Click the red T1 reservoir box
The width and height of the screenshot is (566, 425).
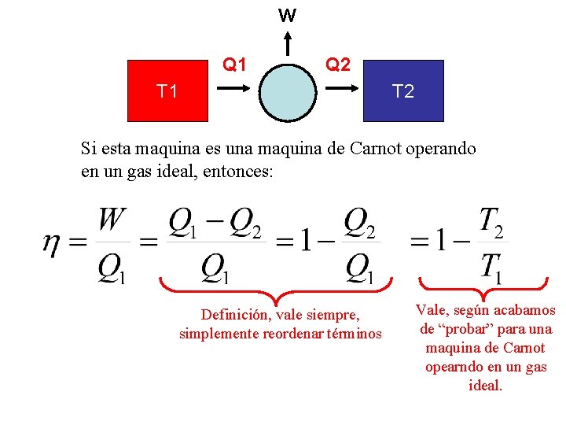(167, 91)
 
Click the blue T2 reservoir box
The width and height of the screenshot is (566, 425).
(402, 91)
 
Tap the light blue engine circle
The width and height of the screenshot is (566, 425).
(288, 91)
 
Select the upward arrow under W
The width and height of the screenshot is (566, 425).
(288, 44)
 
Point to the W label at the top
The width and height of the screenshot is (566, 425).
(288, 15)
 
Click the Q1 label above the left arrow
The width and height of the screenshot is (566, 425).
(234, 64)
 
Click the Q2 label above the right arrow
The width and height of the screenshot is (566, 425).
(338, 64)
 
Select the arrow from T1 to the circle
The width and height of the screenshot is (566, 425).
(233, 90)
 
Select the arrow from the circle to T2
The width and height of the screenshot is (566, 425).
(340, 90)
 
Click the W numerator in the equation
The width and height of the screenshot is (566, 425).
(112, 220)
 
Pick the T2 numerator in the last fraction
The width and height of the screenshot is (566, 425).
(491, 222)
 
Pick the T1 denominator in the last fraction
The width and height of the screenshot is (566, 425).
(491, 268)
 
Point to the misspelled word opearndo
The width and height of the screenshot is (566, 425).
(453, 367)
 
